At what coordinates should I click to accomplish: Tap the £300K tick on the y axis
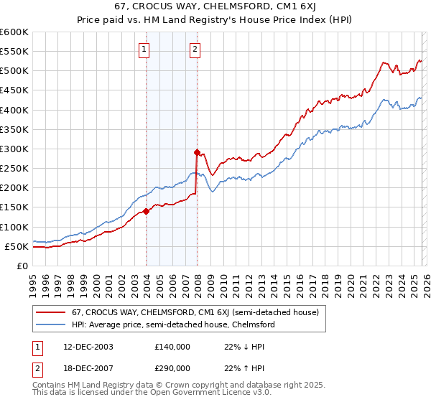pos(14,149)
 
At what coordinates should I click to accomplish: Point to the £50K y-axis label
pos(17,246)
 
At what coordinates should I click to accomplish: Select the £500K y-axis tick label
pos(14,70)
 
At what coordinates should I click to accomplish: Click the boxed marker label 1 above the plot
pos(145,50)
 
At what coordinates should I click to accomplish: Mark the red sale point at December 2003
pos(146,211)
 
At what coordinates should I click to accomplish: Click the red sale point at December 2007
pos(197,152)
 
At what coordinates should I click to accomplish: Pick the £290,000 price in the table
pos(172,369)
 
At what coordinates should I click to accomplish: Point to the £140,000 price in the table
pos(172,346)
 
